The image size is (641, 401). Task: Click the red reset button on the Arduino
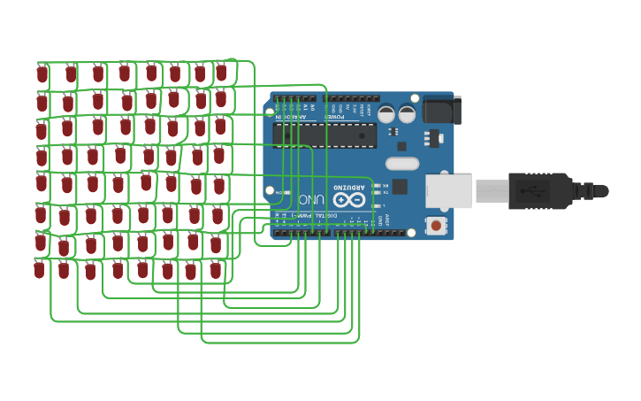click(436, 226)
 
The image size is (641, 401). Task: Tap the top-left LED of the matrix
click(42, 74)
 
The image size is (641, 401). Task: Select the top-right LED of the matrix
click(221, 72)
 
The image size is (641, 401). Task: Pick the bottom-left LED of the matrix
click(40, 270)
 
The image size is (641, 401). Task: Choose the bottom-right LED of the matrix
click(216, 270)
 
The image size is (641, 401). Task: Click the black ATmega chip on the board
click(324, 135)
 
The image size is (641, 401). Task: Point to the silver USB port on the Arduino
click(449, 191)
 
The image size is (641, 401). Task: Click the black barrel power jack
click(441, 109)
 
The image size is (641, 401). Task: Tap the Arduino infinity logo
click(348, 201)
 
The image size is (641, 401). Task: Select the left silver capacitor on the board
click(386, 114)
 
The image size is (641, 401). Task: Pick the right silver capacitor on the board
click(408, 114)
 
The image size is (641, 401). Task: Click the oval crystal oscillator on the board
click(402, 163)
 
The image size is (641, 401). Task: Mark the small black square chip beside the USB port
click(400, 186)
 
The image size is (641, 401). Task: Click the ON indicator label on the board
click(279, 192)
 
